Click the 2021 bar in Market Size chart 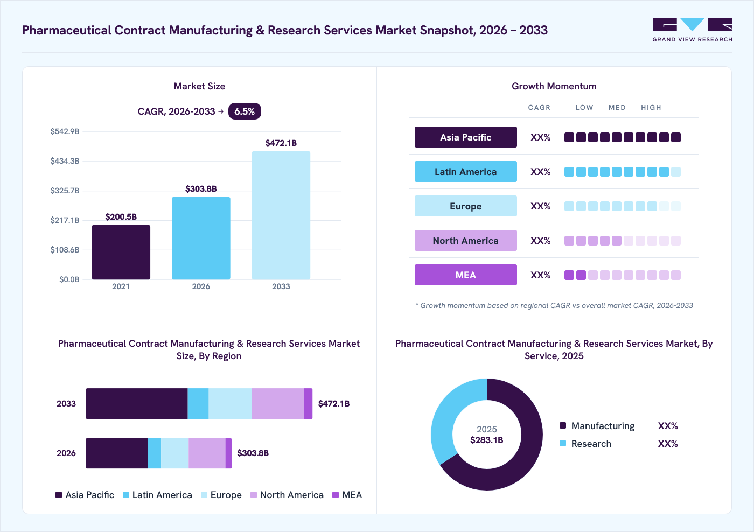tap(121, 252)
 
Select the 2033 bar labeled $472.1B tap(281, 215)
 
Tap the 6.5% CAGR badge tap(245, 111)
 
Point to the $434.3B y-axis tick tap(65, 161)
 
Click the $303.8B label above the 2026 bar tap(201, 188)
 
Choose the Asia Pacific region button tap(465, 137)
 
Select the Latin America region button tap(465, 172)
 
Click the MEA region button tap(465, 275)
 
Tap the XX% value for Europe tap(540, 206)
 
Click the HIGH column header tap(651, 107)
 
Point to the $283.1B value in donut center tap(487, 440)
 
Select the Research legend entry tap(585, 444)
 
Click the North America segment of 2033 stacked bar tap(278, 403)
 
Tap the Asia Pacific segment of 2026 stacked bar tap(117, 453)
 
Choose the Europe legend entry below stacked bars tap(221, 495)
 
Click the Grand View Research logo tap(692, 30)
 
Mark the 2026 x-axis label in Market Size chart tap(201, 286)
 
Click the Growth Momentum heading tap(554, 86)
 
